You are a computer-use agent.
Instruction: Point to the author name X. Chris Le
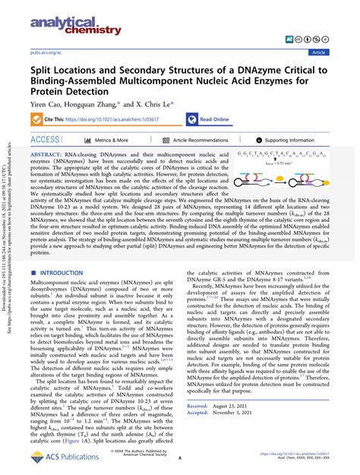point(143,106)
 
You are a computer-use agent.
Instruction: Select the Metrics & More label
point(111,140)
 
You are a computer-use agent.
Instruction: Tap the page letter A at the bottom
point(179,459)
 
